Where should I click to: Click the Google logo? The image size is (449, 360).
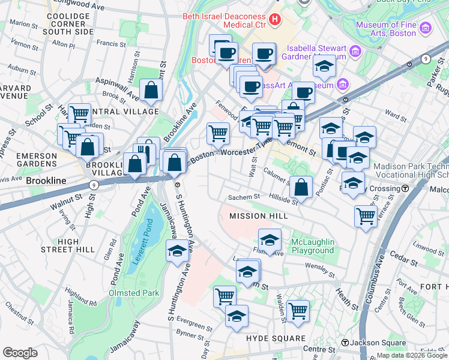click(20, 352)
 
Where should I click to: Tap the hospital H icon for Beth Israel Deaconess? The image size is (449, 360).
click(276, 20)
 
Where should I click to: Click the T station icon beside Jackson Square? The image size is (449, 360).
click(345, 343)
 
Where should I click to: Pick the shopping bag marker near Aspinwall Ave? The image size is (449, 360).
click(152, 91)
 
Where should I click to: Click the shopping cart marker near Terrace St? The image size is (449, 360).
click(366, 215)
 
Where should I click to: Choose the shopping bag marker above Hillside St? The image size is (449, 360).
click(301, 187)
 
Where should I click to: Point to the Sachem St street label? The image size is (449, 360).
click(243, 197)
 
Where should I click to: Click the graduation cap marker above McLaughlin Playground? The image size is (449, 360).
click(270, 239)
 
